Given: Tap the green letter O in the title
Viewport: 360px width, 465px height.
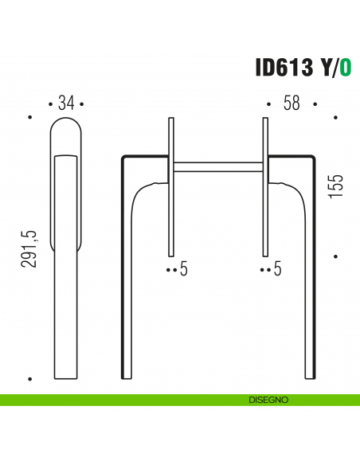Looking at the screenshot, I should pos(345,68).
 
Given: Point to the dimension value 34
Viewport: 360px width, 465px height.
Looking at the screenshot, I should pos(66,104).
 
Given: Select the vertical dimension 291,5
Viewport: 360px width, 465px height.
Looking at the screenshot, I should pos(30,248).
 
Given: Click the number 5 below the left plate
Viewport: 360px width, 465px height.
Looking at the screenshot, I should pos(183,270).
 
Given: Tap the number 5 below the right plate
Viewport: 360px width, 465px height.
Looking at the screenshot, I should pos(278,270).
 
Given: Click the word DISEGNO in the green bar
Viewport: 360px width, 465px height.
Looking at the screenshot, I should pos(267,400).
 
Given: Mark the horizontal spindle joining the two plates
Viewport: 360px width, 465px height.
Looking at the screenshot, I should pos(217,166).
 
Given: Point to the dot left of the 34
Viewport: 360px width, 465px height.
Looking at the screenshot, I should pos(51,104).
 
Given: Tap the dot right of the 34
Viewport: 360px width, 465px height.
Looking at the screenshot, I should pos(81,104).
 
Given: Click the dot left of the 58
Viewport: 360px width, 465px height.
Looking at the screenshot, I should pos(268,104).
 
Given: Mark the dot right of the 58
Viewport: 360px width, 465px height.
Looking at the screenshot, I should pos(315,104).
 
